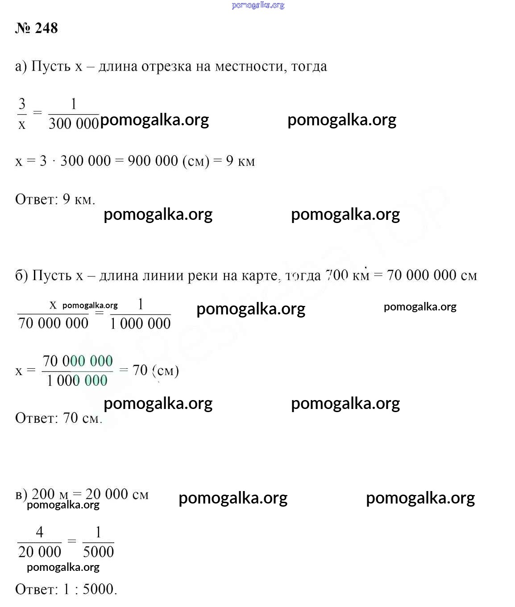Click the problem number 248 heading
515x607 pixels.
pyautogui.click(x=37, y=28)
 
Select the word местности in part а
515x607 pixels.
pyautogui.click(x=252, y=66)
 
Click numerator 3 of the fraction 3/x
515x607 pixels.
pyautogui.click(x=22, y=103)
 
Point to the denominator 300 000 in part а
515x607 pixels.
pyautogui.click(x=74, y=124)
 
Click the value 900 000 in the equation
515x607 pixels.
pyautogui.click(x=153, y=161)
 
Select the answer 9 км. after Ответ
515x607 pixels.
pyautogui.click(x=79, y=199)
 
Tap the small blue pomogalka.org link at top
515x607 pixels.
pyautogui.click(x=258, y=5)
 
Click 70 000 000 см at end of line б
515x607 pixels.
pyautogui.click(x=432, y=276)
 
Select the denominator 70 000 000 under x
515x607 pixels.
pyautogui.click(x=53, y=323)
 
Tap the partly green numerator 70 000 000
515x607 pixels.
pyautogui.click(x=78, y=361)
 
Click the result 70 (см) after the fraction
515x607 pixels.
pyautogui.click(x=156, y=371)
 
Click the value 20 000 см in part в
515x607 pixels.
pyautogui.click(x=117, y=494)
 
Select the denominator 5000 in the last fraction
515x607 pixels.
pyautogui.click(x=99, y=552)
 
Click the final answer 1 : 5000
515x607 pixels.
pyautogui.click(x=90, y=589)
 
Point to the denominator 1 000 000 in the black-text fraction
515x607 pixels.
pyautogui.click(x=141, y=324)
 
